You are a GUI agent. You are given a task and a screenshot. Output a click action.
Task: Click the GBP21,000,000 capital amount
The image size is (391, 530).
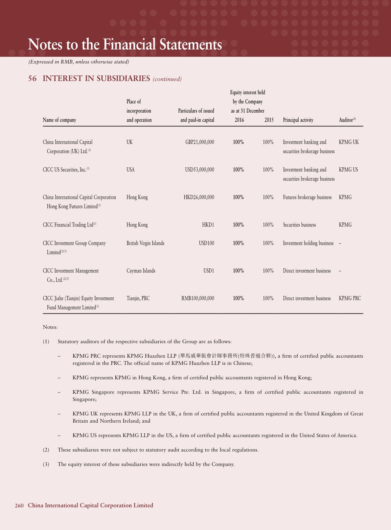click(x=199, y=142)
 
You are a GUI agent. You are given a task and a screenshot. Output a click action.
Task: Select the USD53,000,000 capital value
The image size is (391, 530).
click(x=199, y=170)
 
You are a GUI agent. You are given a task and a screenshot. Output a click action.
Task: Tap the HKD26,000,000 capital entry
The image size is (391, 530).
click(x=199, y=197)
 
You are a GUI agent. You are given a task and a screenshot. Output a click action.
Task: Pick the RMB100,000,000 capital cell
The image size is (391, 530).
click(x=198, y=298)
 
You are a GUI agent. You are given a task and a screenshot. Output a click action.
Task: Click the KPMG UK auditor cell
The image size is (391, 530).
click(x=349, y=142)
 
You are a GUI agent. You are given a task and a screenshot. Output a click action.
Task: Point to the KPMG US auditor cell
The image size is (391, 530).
click(x=348, y=170)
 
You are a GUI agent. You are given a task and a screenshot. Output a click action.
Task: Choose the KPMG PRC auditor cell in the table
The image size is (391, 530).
click(x=350, y=298)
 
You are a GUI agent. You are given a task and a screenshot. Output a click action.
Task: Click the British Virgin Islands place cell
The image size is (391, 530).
click(x=145, y=243)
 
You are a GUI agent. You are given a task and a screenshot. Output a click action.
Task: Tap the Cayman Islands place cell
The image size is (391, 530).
click(x=141, y=271)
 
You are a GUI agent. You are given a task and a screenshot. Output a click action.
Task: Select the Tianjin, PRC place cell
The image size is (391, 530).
click(x=138, y=298)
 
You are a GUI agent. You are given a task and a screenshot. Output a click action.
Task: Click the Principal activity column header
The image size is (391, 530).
click(x=298, y=120)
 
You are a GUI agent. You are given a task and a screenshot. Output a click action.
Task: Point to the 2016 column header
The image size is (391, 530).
click(x=239, y=120)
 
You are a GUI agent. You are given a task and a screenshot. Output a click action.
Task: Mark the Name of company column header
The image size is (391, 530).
click(x=59, y=120)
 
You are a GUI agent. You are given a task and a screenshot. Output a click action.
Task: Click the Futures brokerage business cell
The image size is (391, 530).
click(x=307, y=197)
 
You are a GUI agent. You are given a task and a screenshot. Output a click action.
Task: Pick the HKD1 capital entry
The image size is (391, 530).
click(x=208, y=225)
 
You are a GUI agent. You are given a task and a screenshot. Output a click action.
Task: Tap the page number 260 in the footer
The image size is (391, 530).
click(x=19, y=506)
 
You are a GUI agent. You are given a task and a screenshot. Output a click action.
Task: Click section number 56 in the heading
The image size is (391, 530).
click(x=32, y=78)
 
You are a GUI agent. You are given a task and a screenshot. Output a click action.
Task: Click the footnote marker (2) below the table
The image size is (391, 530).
click(x=46, y=450)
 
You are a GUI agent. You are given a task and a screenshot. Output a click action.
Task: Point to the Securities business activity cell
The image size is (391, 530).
click(x=299, y=225)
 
